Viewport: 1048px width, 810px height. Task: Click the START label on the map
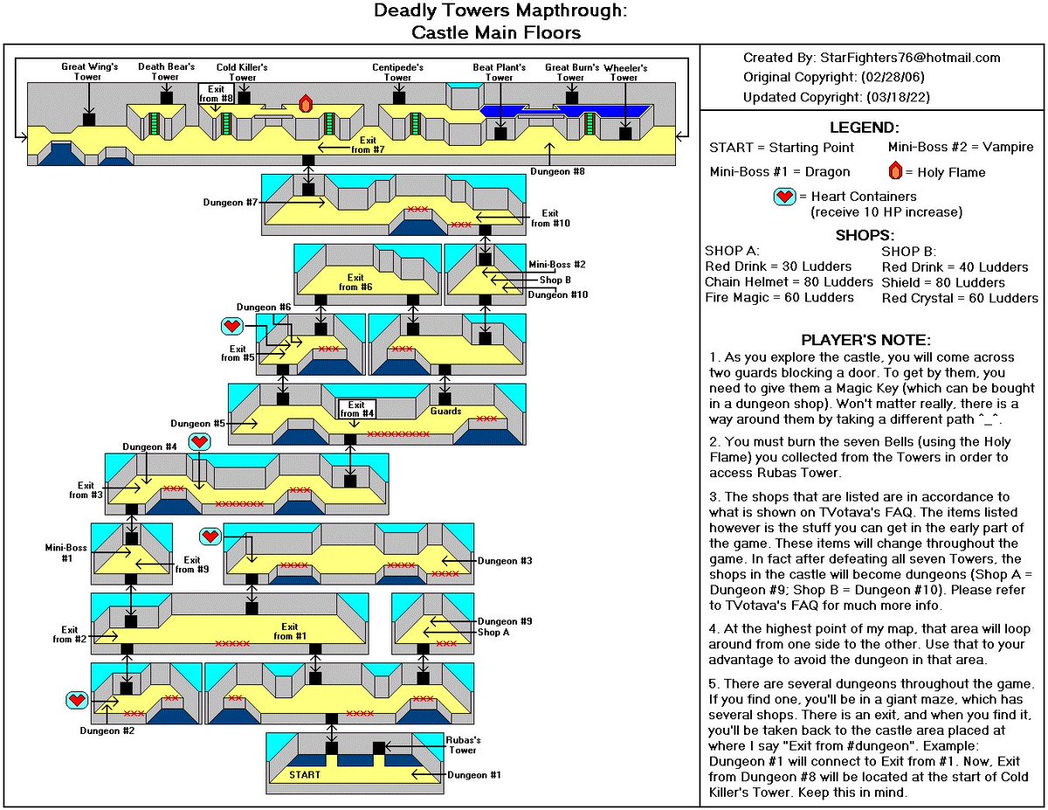point(305,775)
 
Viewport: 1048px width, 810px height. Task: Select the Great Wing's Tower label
point(89,71)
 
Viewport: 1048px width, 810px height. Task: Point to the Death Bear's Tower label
point(165,71)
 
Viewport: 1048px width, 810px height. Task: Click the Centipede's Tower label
point(397,71)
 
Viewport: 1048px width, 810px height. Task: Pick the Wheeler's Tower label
point(624,71)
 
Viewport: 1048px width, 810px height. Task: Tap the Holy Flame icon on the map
point(306,102)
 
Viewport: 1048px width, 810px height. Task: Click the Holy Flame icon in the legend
point(895,170)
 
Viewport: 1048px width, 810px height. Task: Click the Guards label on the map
point(445,411)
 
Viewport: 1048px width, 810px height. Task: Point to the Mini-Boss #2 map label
point(557,264)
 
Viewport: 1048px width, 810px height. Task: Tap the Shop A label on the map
point(495,632)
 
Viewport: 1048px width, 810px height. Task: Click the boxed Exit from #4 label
point(355,409)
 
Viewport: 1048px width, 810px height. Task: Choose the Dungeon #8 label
point(557,171)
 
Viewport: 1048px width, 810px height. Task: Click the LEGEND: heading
point(873,128)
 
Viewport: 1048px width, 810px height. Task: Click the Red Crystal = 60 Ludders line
point(960,298)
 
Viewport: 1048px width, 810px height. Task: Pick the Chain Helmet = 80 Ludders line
point(789,282)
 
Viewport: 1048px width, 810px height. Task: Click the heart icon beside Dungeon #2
point(78,699)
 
